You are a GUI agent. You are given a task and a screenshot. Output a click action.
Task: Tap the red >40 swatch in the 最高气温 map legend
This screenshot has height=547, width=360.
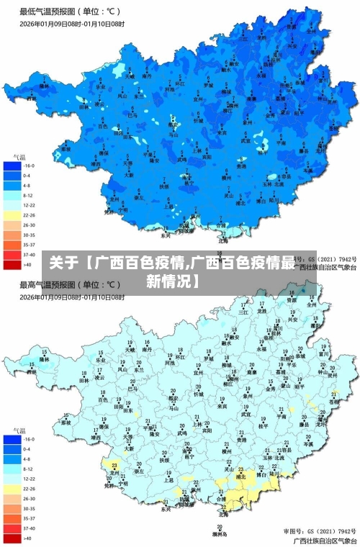tap(12, 538)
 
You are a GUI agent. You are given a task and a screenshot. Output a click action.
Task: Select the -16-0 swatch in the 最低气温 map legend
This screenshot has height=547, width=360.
tap(12, 166)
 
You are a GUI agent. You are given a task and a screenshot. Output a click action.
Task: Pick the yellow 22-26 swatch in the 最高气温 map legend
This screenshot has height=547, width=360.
tap(12, 488)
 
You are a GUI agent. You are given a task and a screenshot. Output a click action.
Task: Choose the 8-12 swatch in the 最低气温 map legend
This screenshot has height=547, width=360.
tap(12, 194)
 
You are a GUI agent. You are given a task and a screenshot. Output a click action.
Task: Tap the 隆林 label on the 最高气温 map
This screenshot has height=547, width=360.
tap(45, 358)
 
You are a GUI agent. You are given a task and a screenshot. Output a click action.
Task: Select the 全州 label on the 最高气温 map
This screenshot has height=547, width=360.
tap(311, 304)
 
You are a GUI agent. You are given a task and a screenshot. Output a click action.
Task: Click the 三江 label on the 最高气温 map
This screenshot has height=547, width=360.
tap(243, 312)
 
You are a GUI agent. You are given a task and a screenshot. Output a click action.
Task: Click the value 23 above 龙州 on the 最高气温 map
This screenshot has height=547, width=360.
tap(114, 465)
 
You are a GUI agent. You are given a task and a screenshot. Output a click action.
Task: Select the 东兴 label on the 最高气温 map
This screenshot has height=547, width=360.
tap(166, 509)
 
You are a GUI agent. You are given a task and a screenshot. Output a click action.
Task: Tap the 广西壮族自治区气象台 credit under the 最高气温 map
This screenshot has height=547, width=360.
tap(324, 540)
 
